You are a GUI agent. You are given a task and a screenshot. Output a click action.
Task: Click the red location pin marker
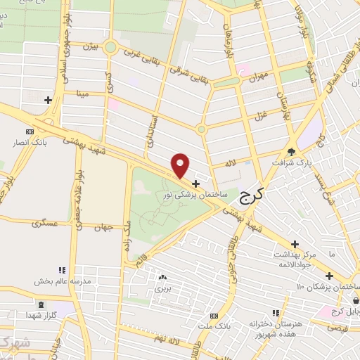point(181,165)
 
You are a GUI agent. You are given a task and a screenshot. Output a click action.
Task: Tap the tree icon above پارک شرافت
point(292,150)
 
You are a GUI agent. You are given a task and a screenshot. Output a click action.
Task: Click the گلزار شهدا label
point(40,314)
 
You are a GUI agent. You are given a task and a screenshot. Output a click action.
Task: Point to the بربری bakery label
point(163,288)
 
